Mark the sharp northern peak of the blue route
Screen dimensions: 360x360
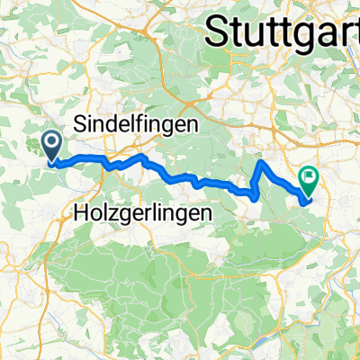tap(262, 163)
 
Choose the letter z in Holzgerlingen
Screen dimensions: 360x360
tap(112, 214)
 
